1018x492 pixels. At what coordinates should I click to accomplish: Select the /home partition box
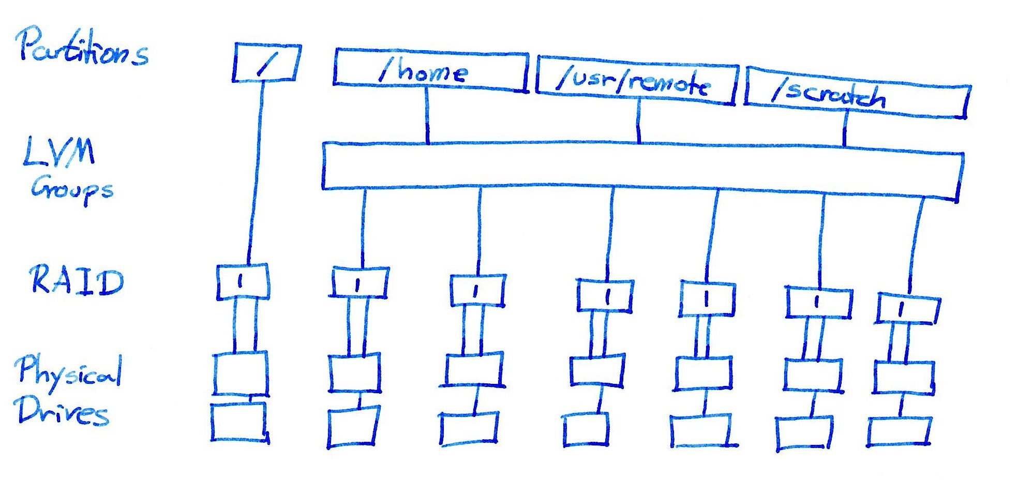[x=430, y=71]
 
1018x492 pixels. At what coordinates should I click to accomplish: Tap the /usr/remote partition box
[x=636, y=81]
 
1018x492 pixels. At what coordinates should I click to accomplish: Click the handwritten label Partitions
[x=83, y=48]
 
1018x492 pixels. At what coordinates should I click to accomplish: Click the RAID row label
[x=77, y=281]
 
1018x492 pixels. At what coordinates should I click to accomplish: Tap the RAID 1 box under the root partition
[x=242, y=282]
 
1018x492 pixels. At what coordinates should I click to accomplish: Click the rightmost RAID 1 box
[x=908, y=309]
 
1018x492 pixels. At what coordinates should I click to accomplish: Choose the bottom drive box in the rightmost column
[x=899, y=431]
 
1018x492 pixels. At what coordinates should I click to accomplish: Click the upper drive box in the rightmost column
[x=903, y=378]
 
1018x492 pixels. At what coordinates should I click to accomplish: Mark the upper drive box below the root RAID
[x=241, y=374]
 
